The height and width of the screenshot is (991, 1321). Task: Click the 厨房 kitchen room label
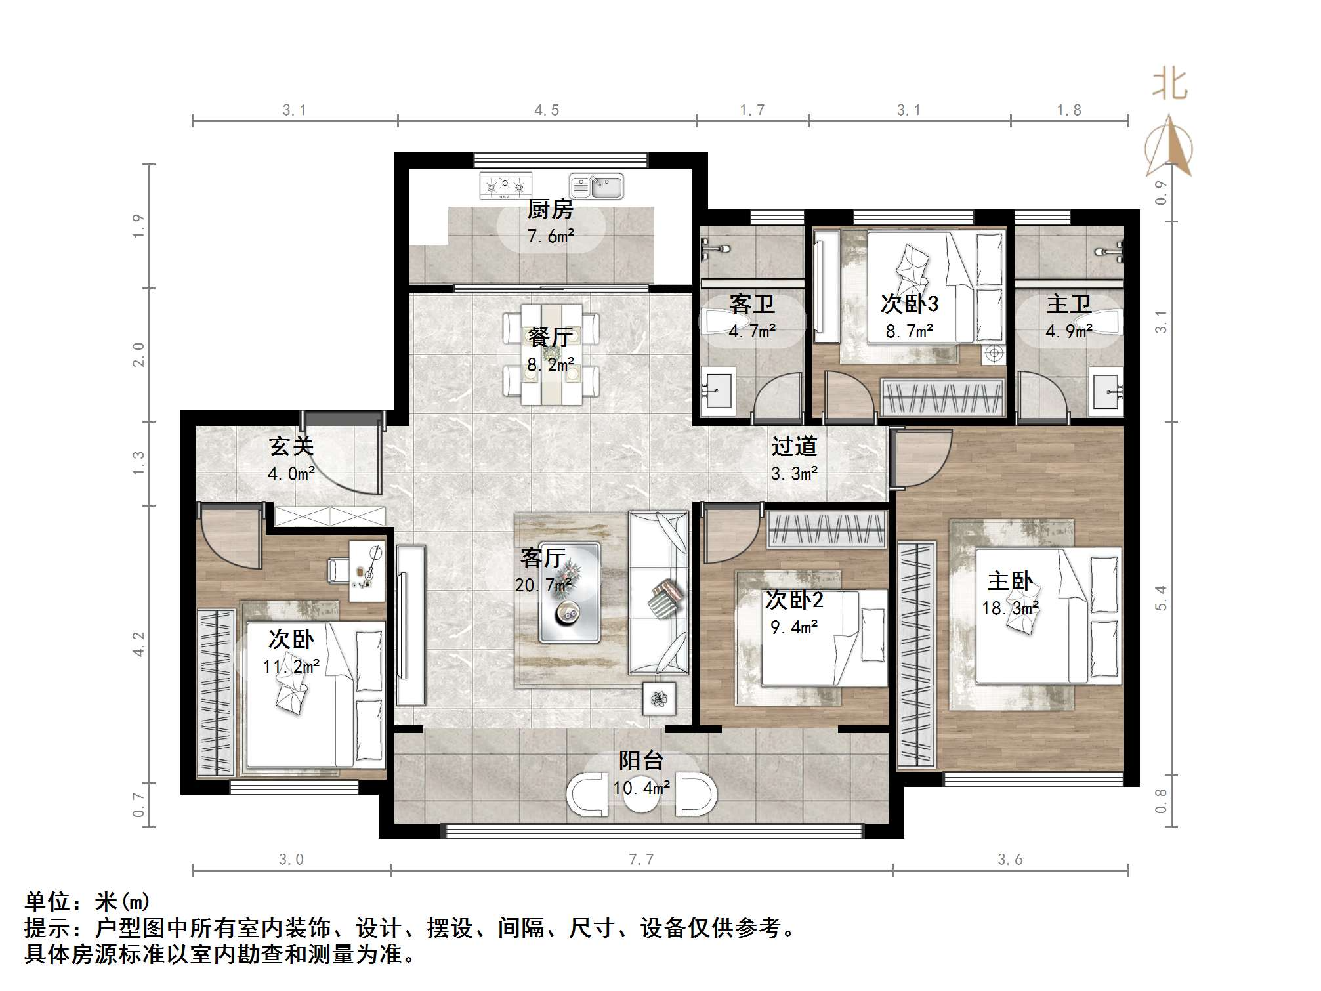tap(550, 210)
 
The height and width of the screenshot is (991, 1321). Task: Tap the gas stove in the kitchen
tap(505, 186)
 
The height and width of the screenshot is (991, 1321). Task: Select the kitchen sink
tap(596, 186)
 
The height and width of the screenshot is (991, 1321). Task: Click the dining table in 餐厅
tap(551, 354)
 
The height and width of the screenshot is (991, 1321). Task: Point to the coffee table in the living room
tap(569, 593)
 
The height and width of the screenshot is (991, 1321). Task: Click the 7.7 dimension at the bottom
tap(640, 859)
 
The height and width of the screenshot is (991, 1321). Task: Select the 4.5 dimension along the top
tap(546, 110)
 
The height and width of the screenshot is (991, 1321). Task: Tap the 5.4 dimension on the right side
tap(1161, 598)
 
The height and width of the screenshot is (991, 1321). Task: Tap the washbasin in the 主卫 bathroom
tap(1106, 392)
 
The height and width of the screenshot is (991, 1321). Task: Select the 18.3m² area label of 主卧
tap(1010, 608)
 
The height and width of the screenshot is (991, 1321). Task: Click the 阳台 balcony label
tap(641, 761)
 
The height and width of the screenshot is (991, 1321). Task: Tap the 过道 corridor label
tap(794, 447)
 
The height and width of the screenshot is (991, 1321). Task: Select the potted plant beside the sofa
tap(659, 699)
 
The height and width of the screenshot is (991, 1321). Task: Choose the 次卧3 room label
tap(909, 304)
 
